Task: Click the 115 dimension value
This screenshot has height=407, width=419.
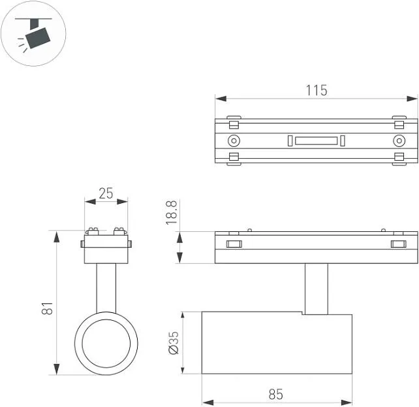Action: click(x=317, y=90)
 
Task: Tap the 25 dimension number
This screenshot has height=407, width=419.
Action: click(x=106, y=193)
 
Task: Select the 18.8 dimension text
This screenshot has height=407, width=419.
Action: click(x=171, y=212)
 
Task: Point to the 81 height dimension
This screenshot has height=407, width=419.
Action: click(x=47, y=308)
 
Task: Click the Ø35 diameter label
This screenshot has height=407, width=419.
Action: click(x=174, y=343)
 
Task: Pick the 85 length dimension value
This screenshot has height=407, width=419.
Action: click(x=276, y=394)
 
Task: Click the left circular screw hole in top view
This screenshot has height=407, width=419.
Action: click(x=234, y=140)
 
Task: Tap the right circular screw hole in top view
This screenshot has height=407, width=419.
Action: click(x=399, y=140)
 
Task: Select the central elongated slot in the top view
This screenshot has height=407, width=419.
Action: click(x=317, y=140)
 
